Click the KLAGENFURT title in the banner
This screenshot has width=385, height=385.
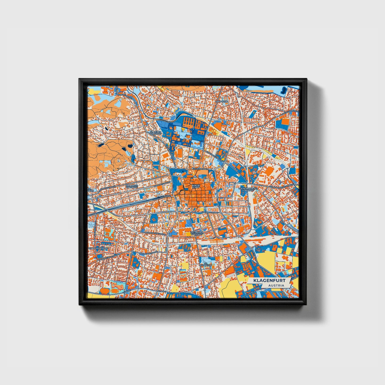269,281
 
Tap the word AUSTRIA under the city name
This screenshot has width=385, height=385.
276,285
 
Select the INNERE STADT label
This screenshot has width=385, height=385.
196,186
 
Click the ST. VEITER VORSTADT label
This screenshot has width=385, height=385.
156,132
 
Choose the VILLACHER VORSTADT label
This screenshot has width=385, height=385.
132,186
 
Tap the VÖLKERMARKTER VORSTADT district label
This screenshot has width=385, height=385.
248,189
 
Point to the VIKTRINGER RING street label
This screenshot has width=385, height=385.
210,212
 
